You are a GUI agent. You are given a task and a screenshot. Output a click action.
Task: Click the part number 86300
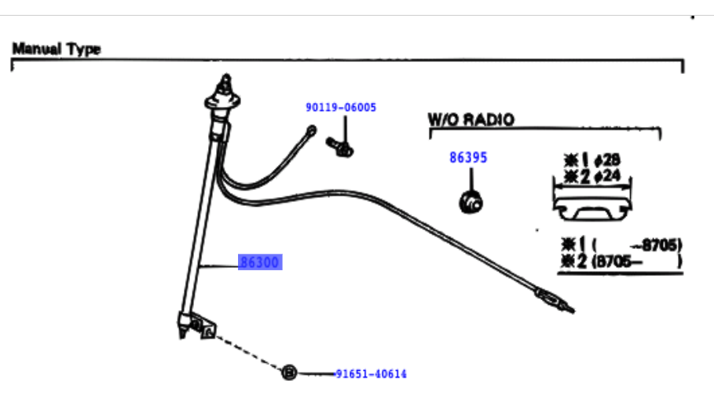coord(260,262)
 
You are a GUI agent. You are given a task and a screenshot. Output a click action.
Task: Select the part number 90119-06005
coord(341,107)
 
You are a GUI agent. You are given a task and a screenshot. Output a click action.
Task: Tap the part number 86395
coord(468,158)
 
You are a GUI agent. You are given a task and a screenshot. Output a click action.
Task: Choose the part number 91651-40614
coord(371,374)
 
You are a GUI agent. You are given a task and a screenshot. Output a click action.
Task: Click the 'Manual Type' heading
coord(57,49)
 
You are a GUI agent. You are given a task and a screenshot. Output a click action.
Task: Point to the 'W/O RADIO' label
coord(471,119)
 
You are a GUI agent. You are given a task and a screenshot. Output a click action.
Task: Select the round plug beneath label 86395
coord(471,203)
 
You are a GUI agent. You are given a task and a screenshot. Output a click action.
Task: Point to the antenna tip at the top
coord(226,80)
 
